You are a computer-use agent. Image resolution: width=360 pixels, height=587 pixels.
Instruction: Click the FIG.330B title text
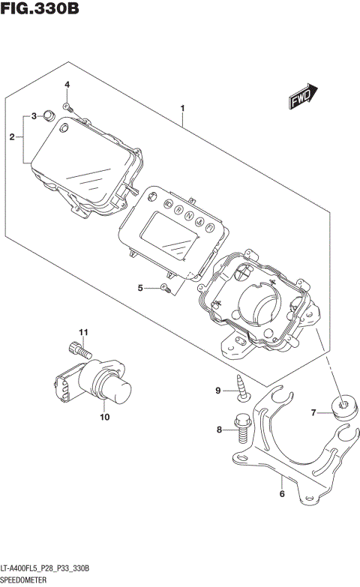point(40,10)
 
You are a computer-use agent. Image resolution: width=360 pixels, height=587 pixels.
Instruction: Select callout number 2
point(12,137)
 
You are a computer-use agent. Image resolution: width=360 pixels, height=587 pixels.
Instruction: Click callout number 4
point(66,85)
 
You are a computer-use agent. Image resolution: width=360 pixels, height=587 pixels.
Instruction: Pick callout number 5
point(140,288)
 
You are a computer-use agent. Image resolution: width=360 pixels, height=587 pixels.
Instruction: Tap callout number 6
point(281,494)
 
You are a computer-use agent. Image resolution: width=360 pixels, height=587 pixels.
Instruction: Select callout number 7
point(316,412)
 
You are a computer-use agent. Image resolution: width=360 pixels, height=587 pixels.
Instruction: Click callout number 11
point(85,332)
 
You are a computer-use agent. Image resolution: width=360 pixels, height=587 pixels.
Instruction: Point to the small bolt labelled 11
point(79,349)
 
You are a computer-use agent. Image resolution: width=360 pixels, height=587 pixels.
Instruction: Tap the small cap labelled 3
point(49,115)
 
